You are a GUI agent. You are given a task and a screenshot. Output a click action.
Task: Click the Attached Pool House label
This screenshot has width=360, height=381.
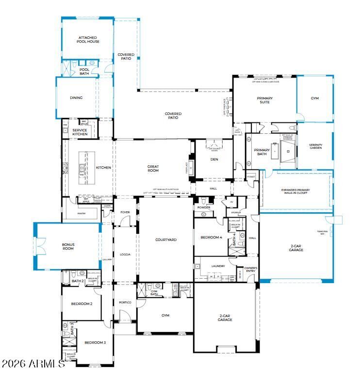tap(88, 40)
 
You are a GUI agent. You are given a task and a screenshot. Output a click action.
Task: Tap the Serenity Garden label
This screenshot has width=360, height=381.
tap(315, 147)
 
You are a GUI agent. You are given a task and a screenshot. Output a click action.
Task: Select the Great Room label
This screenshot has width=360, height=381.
tap(153, 168)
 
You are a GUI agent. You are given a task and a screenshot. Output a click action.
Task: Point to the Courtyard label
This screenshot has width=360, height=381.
tap(165, 239)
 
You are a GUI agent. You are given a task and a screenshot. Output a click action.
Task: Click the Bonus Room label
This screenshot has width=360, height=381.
tap(67, 246)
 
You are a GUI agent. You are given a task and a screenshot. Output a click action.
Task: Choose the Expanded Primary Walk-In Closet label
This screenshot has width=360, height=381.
tap(295, 192)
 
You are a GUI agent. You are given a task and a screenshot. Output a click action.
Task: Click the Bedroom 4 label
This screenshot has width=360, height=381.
tap(211, 238)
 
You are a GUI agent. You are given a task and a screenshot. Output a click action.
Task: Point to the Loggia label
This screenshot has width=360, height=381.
tap(125, 254)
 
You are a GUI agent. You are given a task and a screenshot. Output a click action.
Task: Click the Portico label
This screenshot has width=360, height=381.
tap(125, 302)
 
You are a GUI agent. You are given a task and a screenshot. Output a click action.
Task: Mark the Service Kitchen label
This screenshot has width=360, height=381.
tap(80, 132)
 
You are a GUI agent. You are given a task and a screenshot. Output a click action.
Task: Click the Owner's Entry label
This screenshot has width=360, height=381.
tap(250, 270)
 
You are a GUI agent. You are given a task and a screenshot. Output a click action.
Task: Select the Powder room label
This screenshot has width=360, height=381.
tap(204, 207)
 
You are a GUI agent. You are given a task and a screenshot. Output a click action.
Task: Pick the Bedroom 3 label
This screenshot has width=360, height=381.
tap(95, 342)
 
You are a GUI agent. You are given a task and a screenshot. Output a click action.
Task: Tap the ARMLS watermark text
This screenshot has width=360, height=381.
tap(33, 364)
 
